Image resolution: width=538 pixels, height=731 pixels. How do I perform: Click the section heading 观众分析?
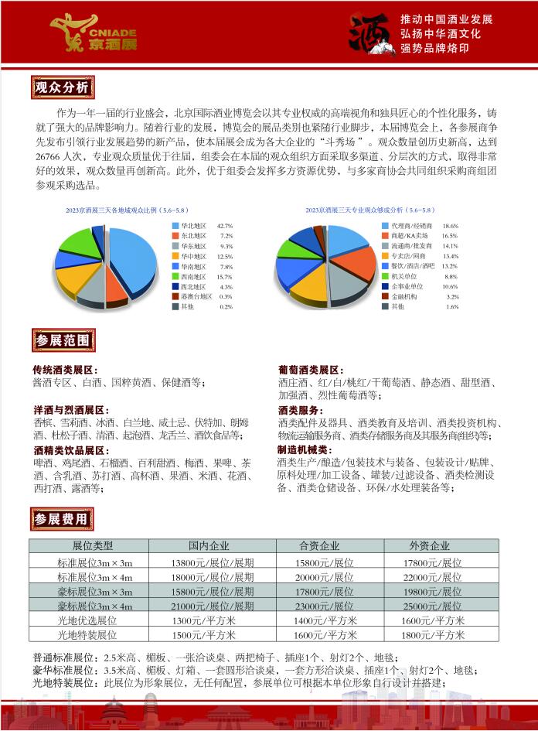[x=62, y=86]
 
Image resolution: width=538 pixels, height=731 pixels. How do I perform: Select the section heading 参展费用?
[x=63, y=518]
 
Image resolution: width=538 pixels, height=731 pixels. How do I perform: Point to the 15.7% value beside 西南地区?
[x=225, y=276]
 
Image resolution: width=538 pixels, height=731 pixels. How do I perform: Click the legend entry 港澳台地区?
[x=196, y=296]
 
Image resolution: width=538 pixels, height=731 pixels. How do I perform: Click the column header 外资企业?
[x=430, y=546]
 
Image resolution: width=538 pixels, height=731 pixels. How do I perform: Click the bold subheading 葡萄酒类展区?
[x=311, y=371]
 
